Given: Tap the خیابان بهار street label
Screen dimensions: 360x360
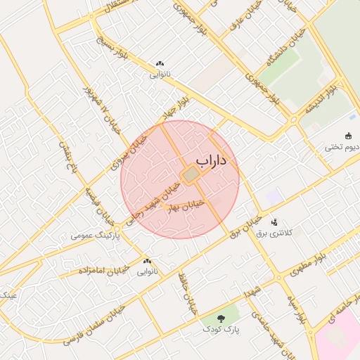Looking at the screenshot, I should [x=186, y=205].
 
